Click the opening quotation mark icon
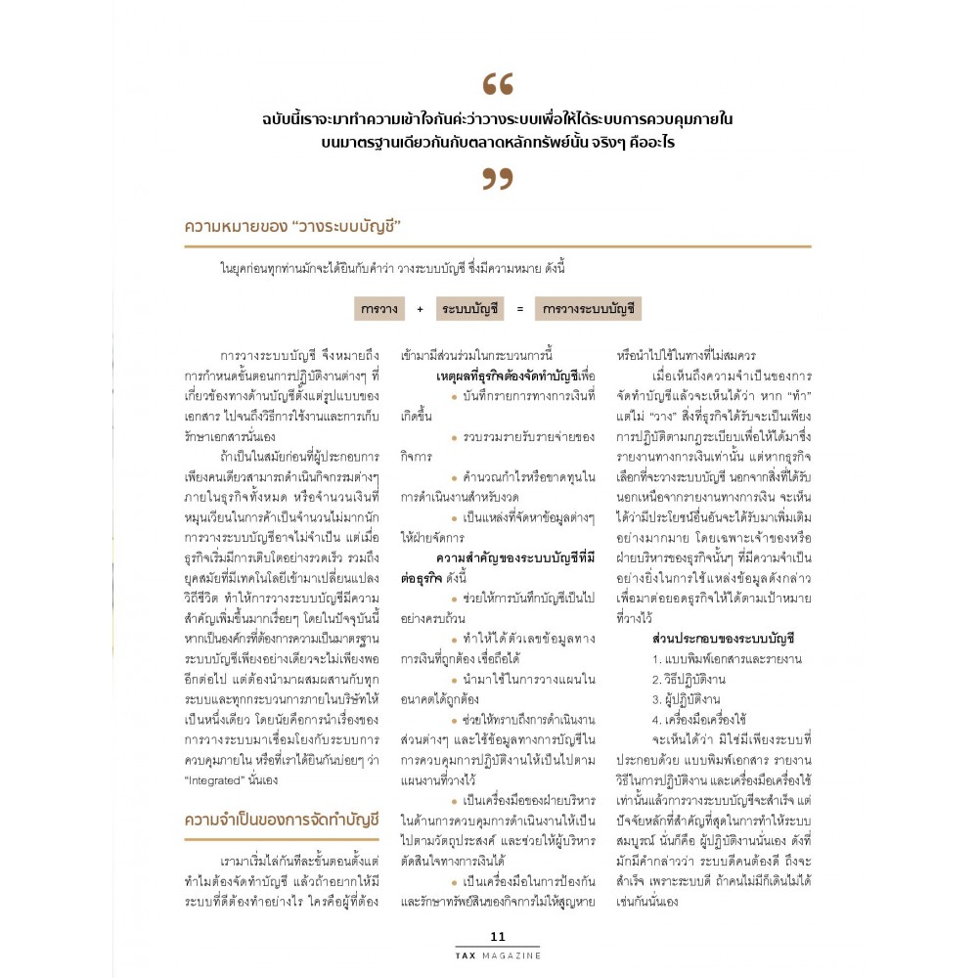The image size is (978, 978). click(498, 84)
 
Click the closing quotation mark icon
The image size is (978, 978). click(498, 178)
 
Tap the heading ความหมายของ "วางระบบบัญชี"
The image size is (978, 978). click(293, 227)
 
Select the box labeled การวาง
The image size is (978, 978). click(378, 308)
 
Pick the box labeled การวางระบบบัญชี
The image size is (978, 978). click(588, 308)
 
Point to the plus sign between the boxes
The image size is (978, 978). click(420, 309)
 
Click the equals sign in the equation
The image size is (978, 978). click(520, 309)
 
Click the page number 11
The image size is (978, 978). click(498, 936)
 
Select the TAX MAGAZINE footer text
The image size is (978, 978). click(498, 955)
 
